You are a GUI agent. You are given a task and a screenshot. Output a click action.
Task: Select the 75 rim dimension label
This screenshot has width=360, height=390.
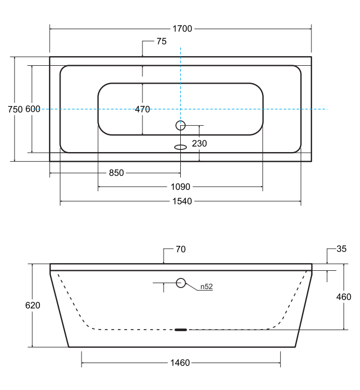tap(161, 41)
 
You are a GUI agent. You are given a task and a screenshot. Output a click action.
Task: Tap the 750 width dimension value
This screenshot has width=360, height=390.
tap(15, 110)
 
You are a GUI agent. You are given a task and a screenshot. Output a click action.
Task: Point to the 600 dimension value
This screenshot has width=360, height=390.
tap(33, 110)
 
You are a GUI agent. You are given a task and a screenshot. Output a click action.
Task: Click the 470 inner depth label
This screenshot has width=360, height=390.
tap(142, 110)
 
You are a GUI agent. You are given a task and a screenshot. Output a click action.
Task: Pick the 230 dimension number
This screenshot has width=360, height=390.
tap(199, 143)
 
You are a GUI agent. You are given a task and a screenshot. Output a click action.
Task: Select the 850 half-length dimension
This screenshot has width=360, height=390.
tap(117, 173)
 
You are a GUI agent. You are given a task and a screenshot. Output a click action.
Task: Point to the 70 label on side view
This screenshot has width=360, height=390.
tap(181, 250)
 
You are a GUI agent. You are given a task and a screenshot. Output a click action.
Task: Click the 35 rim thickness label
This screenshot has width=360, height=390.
tap(341, 249)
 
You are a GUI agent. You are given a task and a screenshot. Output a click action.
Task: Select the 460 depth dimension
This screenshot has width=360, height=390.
tap(343, 297)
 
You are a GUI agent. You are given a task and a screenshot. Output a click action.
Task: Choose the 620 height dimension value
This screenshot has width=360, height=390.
tap(33, 305)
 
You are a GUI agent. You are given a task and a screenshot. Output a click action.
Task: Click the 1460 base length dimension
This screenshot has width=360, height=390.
tap(180, 362)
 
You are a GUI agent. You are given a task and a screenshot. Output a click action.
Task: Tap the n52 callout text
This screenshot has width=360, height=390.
tap(206, 287)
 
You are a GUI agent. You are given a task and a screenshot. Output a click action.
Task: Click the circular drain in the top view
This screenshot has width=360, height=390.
tap(181, 126)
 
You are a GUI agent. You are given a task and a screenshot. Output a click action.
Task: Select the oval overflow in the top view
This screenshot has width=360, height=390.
tap(181, 146)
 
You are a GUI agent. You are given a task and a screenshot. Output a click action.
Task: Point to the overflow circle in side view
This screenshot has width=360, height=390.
tap(181, 282)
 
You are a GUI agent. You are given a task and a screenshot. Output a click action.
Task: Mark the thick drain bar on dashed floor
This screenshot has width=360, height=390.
tap(181, 329)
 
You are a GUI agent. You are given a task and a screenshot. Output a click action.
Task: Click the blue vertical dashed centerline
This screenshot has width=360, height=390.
tap(181, 76)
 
